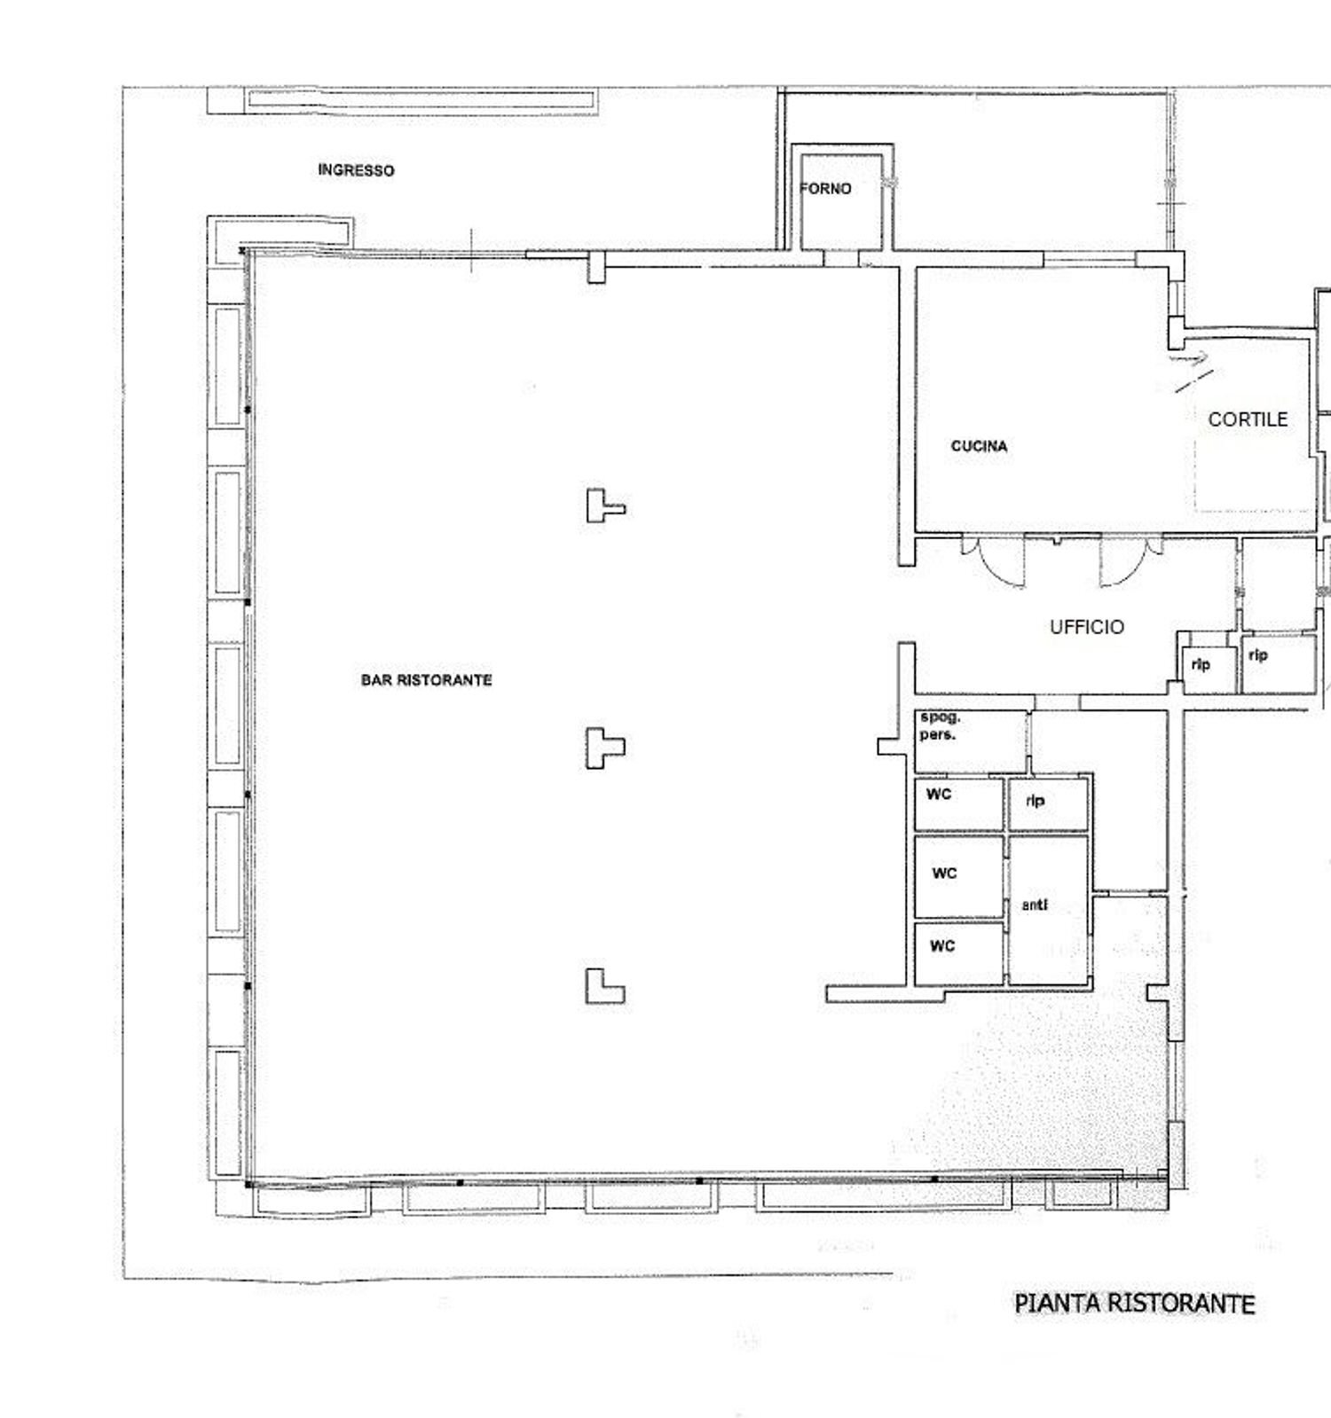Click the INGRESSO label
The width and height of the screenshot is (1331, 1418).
point(356,170)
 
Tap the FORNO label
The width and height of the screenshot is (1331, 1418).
point(826,189)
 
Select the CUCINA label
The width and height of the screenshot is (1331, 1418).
point(979,446)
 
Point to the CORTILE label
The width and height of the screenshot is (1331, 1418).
point(1248,419)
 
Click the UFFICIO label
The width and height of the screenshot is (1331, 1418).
point(1087,627)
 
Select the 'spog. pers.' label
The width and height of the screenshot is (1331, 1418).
point(939,726)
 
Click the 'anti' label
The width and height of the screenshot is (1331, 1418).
point(1035,905)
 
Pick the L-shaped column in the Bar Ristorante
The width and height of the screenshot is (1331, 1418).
point(603,986)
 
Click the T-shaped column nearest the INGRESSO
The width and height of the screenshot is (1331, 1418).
point(604,505)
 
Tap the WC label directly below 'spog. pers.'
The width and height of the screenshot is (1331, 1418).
point(938,794)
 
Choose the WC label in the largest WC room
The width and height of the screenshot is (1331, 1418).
point(944,874)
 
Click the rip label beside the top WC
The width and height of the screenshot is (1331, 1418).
point(1035,800)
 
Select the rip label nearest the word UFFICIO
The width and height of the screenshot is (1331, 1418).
point(1201,664)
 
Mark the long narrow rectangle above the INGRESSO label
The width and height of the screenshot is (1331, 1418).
point(421,101)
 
